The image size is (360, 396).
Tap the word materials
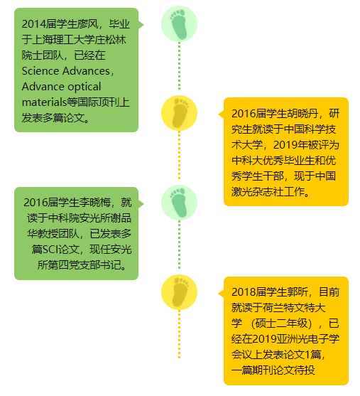click(x=45, y=102)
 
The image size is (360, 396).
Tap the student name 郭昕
click(x=298, y=292)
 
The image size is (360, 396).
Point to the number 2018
click(x=242, y=292)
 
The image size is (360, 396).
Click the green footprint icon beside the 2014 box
click(x=179, y=23)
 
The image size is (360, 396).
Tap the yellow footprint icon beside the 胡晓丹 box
click(x=179, y=113)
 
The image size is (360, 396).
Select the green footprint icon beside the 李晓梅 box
click(x=179, y=203)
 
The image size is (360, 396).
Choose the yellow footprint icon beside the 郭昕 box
click(x=179, y=292)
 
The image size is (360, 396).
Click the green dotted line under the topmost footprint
click(x=179, y=66)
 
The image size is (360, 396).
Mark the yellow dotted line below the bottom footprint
click(x=179, y=334)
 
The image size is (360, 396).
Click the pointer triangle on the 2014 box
click(x=141, y=25)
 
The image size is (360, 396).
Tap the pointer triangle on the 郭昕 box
click(x=222, y=294)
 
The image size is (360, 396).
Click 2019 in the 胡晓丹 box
click(x=284, y=145)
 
